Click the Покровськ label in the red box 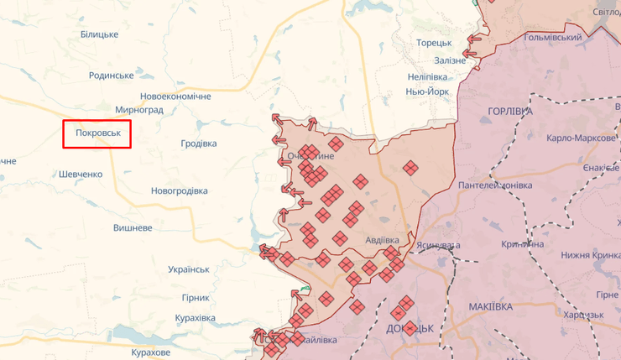coord(98,134)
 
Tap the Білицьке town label coord(99,34)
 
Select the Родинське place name coord(112,76)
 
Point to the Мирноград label coord(139,110)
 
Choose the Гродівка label coord(199,143)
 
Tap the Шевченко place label coord(81,174)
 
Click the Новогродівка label coord(179,190)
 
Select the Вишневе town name coord(133,227)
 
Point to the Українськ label coord(188,269)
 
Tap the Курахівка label coord(195,318)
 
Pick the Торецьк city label coord(434,43)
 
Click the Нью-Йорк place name coord(427,91)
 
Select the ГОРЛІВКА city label coord(509,111)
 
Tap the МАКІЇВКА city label coord(491,306)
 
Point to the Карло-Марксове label coord(581,138)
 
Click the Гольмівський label coord(552,38)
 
